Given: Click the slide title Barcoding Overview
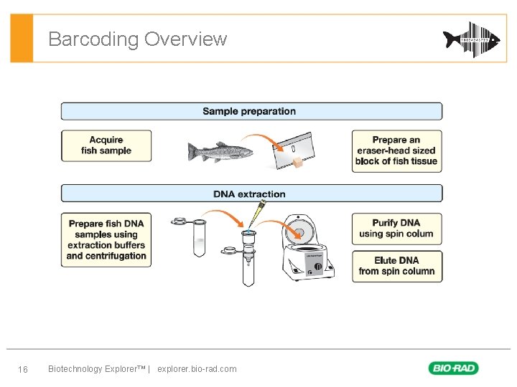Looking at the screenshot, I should (x=137, y=39).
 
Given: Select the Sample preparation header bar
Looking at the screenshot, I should (x=251, y=111).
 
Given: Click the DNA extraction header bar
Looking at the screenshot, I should (x=251, y=194).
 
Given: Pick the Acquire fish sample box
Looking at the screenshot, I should (x=106, y=145).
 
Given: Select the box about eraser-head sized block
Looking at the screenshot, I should (x=396, y=150).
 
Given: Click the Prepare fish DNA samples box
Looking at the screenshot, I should (x=106, y=240).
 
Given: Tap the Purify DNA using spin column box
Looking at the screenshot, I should (x=396, y=229).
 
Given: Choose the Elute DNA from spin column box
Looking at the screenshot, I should (x=396, y=266).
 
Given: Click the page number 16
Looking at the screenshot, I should (x=22, y=369).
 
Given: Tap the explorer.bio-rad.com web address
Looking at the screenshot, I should (x=197, y=369).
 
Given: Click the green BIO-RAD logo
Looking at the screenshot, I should (x=453, y=368).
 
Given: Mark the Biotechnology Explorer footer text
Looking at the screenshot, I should (x=96, y=369).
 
